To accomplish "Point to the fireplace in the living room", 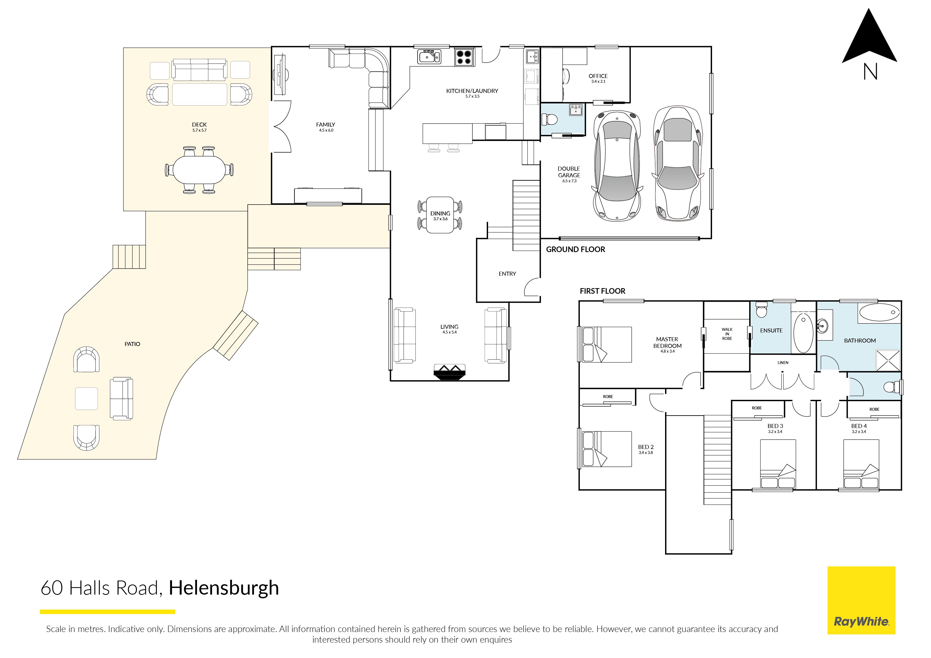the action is (x=449, y=372).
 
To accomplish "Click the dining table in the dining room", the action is (x=440, y=215).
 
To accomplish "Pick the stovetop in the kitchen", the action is (x=464, y=57).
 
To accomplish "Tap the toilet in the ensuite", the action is (x=762, y=310).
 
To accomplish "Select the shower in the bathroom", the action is (x=888, y=360).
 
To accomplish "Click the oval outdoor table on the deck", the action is (x=199, y=170).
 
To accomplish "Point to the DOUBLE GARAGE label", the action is (x=569, y=172).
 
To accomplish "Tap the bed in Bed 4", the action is (x=861, y=464).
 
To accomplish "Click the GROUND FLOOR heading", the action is (x=575, y=250).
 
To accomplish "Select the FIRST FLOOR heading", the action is (x=602, y=291).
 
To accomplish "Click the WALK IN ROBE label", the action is (x=727, y=334).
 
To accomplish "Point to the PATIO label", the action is (x=132, y=344).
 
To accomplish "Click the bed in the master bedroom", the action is (x=607, y=345).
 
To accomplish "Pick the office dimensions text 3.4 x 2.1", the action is (x=598, y=81).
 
